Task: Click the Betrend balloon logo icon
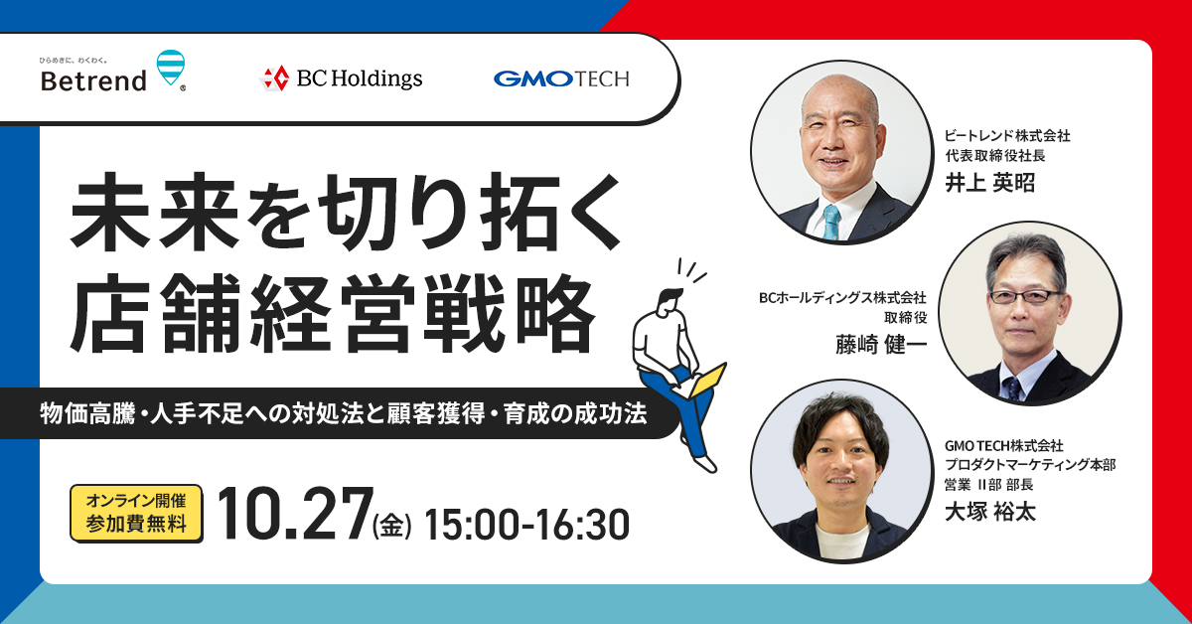coord(171,69)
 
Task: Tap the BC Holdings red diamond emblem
coord(276,78)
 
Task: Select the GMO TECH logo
coord(561,78)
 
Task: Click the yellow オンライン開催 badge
coord(136,514)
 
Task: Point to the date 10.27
coord(295,515)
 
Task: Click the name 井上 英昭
coord(989,183)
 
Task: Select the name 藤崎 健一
coord(881,344)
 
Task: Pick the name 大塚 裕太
coord(990,512)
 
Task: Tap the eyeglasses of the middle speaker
coord(1024,296)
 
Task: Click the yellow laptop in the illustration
coord(701,383)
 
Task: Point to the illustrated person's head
coord(670,302)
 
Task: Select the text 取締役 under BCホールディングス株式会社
coord(905,318)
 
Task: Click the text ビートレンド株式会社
coord(1007,136)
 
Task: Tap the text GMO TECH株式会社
coord(1003,445)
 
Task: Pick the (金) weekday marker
coord(392,526)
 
